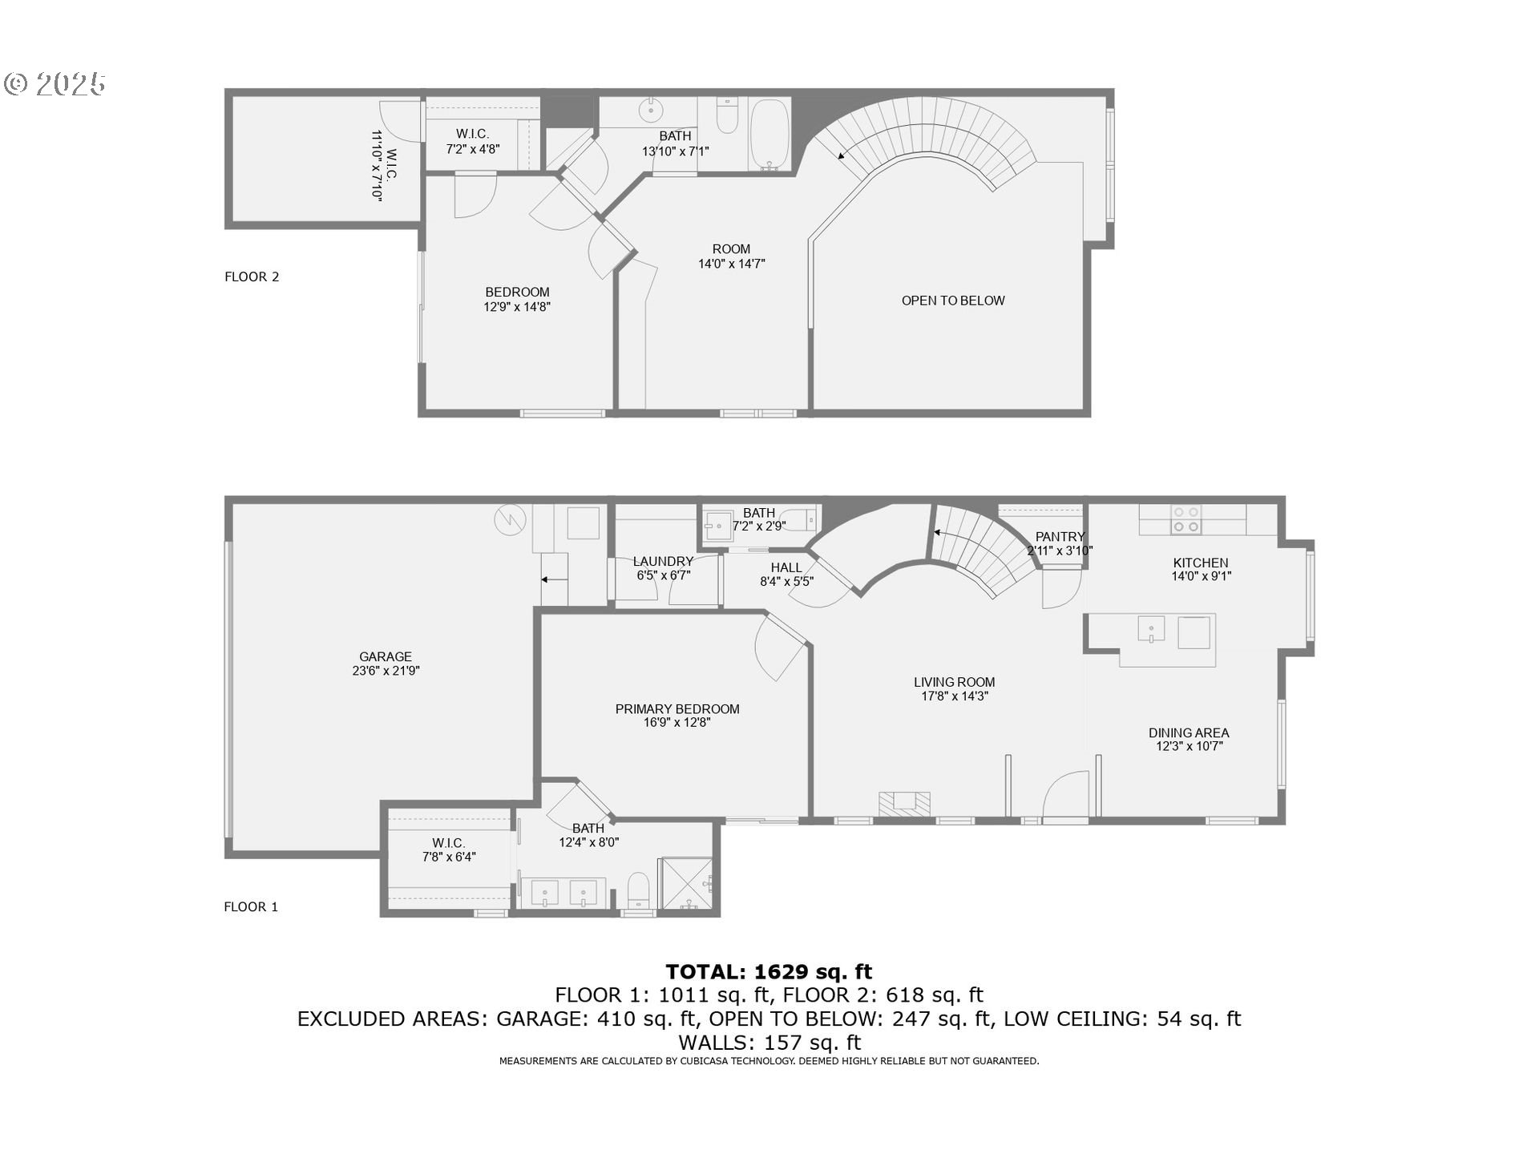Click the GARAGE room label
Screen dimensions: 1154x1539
point(385,656)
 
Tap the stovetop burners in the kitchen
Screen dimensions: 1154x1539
point(1186,519)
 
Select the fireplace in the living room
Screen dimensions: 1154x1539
point(904,804)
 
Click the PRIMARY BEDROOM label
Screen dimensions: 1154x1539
point(677,708)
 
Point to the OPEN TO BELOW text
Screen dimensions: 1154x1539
point(952,301)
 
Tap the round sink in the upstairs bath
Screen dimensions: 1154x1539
point(650,110)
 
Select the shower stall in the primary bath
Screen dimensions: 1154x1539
point(685,884)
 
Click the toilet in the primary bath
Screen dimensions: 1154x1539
point(638,890)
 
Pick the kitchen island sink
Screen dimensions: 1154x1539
point(1151,628)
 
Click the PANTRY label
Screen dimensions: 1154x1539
point(1060,537)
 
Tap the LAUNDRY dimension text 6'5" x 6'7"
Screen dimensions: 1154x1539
point(663,575)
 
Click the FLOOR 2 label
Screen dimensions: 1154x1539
point(252,276)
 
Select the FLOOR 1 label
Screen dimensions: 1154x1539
point(251,906)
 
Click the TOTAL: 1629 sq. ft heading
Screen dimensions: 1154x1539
point(769,971)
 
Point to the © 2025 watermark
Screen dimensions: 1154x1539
point(55,83)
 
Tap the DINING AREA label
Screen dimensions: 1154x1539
point(1188,732)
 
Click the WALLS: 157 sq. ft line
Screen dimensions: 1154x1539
point(769,1043)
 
